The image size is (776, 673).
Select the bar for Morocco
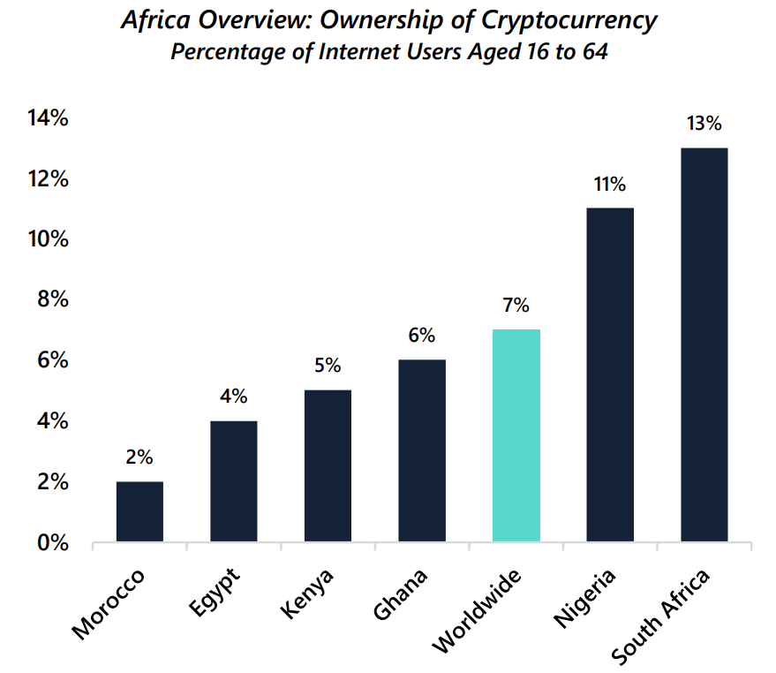point(139,511)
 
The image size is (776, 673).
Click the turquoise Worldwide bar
point(516,435)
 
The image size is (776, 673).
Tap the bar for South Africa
point(704,344)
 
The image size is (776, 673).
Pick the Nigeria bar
point(610,374)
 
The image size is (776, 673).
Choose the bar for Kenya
point(328,465)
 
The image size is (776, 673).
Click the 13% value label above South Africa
point(704,124)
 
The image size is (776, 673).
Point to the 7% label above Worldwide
point(516,306)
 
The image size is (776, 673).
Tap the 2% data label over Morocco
point(139,457)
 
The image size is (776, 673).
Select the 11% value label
point(609,185)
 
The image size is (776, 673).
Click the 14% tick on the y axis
point(48,118)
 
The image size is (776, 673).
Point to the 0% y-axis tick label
point(52,542)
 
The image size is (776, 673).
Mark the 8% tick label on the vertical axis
point(52,300)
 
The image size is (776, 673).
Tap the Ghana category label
point(401,594)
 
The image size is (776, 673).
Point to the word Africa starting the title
point(154,20)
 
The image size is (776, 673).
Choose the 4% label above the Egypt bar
point(233,397)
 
